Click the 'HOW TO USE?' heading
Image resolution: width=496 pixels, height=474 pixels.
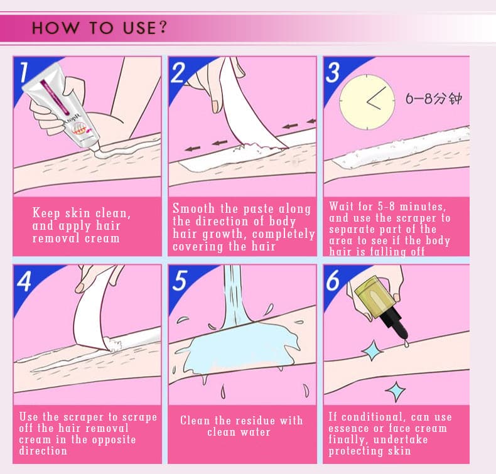pos(99,28)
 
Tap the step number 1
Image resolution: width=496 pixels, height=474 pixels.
pos(24,72)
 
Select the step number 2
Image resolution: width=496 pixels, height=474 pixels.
pos(178,72)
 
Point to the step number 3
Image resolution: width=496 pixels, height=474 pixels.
pos(333,72)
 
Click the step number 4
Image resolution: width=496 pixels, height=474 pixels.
pos(24,281)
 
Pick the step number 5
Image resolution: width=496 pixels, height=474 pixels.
pos(180,280)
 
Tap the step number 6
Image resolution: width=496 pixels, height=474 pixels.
pos(333,280)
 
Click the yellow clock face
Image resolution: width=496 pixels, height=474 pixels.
pos(367,102)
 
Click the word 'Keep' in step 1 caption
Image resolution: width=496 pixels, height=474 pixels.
pos(46,213)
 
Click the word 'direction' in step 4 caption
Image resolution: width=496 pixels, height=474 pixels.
pos(43,451)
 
